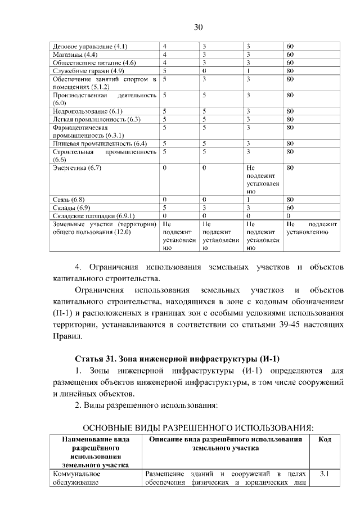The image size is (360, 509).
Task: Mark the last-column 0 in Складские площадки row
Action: pos(288,215)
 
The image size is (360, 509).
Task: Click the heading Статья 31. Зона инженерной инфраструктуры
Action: pos(177,359)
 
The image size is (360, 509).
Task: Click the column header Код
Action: pos(324,439)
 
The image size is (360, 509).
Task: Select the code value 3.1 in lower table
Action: pos(324,474)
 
